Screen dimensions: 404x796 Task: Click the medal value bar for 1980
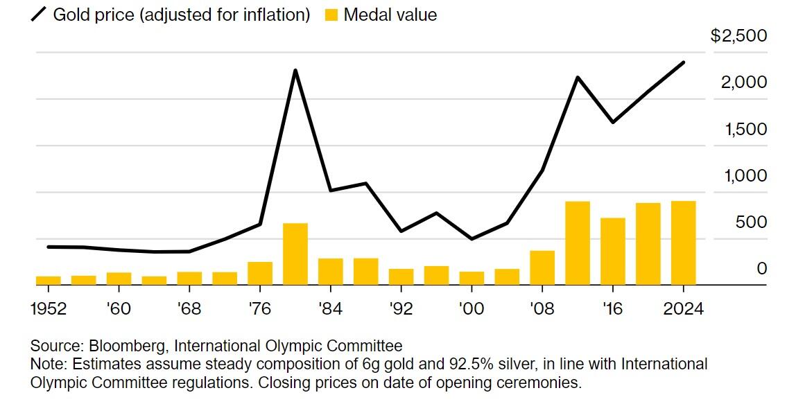coord(295,254)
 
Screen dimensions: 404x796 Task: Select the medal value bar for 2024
coord(683,243)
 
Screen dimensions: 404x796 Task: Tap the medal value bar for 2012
coord(578,243)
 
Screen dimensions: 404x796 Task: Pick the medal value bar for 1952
coord(49,280)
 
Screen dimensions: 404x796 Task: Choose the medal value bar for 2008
coord(542,267)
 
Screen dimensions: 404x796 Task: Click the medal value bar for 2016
coord(613,251)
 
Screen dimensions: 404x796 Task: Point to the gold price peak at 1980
coord(295,71)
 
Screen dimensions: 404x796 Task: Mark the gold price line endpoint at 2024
coord(684,62)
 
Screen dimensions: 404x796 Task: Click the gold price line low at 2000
coord(472,239)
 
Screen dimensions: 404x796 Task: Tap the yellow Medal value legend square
coord(331,15)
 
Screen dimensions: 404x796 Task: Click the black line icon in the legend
coord(39,15)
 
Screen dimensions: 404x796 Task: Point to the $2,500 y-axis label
coord(739,36)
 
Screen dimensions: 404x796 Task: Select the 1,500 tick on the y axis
coord(745,130)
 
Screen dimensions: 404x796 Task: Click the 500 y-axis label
coord(752,222)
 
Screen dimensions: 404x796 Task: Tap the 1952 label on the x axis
coord(49,308)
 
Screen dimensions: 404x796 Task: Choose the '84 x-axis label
coord(330,308)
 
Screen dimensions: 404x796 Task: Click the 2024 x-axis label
coord(683,308)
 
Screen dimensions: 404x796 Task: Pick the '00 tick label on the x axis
coord(471,308)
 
